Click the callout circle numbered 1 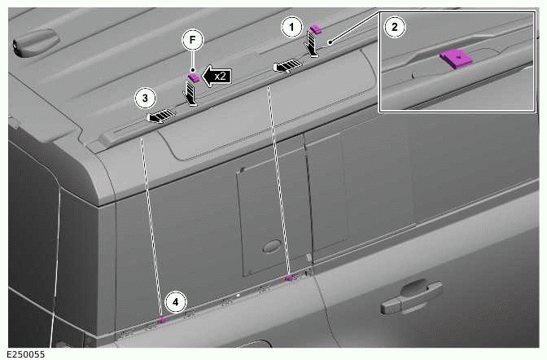pos(291,27)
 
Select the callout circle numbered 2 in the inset pos(395,27)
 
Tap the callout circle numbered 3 pos(144,99)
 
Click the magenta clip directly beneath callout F pos(195,77)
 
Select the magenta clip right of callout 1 pos(316,30)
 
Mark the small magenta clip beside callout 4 pos(161,320)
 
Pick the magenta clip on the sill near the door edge pos(289,278)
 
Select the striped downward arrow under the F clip pos(191,95)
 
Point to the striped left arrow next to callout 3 pos(163,116)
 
